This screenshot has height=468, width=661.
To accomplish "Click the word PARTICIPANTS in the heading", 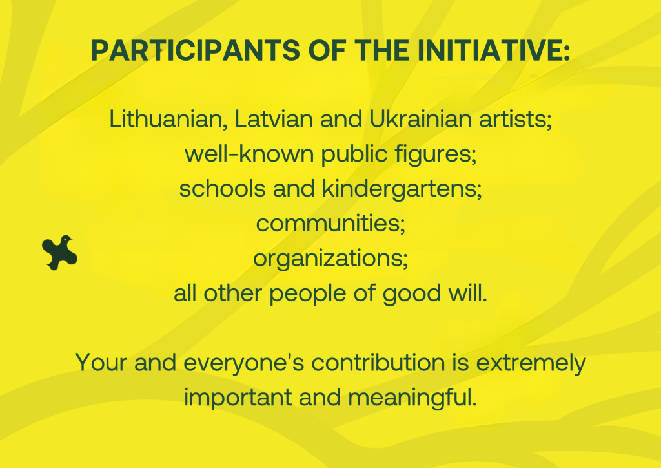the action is [196, 50].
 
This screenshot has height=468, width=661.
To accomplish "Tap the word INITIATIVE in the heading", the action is [494, 50].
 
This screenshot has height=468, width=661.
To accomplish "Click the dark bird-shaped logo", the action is [59, 252].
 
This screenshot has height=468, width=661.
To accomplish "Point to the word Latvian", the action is [274, 119].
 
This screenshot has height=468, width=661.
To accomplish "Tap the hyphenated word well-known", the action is [250, 154].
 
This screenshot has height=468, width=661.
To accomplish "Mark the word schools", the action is [223, 189].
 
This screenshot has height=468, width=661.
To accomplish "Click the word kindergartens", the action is [402, 189].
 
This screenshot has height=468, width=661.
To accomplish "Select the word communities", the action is [330, 224].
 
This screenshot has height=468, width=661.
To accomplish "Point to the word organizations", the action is [330, 259].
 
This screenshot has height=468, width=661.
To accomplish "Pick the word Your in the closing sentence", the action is [101, 363].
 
